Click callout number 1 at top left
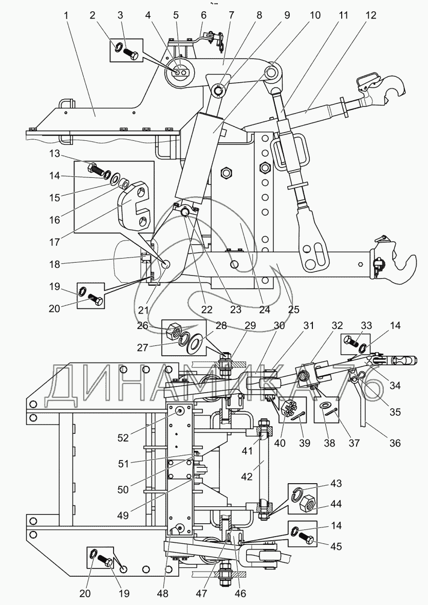click(x=66, y=15)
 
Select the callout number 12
click(x=370, y=15)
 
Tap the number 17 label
click(x=54, y=242)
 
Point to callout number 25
click(x=293, y=309)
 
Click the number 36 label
click(x=395, y=443)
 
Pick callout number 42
click(x=247, y=477)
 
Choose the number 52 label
click(x=123, y=438)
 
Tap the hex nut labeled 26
click(x=174, y=331)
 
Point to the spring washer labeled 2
click(x=119, y=47)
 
